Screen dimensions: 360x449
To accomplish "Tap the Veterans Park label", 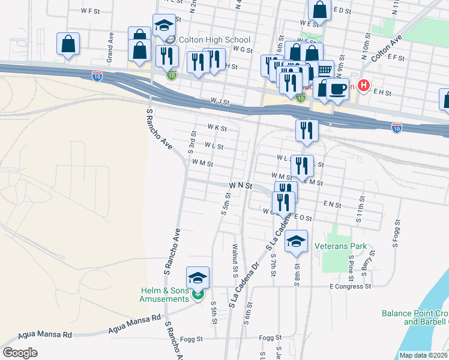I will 344,246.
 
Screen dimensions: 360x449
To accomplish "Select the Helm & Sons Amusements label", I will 163,295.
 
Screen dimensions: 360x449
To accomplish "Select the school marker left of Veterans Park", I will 296,241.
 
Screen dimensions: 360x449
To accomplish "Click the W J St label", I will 220,103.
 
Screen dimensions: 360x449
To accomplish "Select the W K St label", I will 217,128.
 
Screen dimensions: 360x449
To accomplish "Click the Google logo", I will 20,353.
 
